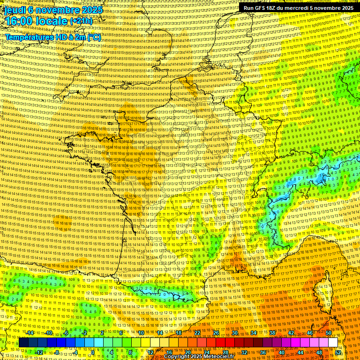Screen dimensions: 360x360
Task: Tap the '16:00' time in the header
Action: point(19,21)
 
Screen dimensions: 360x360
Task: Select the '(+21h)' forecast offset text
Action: point(81,22)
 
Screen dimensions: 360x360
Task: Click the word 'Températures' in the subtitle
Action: point(30,37)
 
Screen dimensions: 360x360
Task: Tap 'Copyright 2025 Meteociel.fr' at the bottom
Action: point(199,357)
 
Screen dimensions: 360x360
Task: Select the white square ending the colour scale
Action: point(333,343)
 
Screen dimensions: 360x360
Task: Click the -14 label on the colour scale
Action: point(30,333)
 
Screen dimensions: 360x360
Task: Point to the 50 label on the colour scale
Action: point(328,333)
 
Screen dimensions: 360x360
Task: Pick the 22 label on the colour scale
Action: point(197,333)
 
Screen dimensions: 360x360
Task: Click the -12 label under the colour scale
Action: point(39,352)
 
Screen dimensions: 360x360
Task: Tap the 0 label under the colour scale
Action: point(93,352)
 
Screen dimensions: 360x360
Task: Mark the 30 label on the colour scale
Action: point(235,333)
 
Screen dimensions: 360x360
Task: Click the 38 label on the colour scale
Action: point(272,333)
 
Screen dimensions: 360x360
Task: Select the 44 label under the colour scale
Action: point(300,352)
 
